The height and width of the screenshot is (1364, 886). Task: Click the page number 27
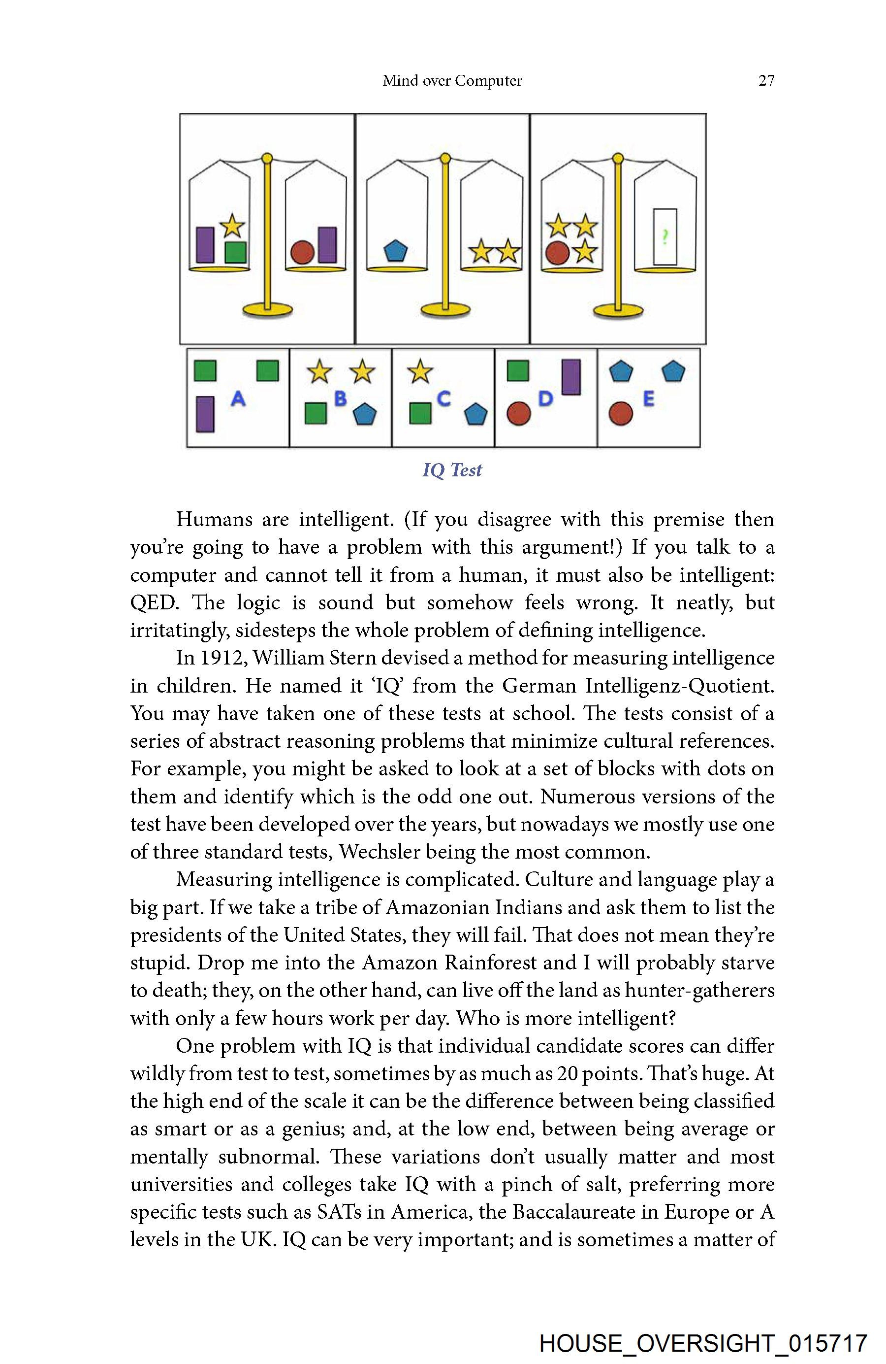click(x=766, y=81)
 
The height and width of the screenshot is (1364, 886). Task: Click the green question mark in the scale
click(x=664, y=235)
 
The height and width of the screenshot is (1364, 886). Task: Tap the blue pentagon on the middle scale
click(x=395, y=250)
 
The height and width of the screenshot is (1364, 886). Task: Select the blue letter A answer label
click(x=238, y=399)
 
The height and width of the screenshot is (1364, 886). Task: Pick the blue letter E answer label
click(x=648, y=399)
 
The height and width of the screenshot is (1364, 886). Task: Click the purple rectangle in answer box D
click(x=571, y=376)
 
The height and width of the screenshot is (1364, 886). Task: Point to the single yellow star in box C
click(x=420, y=371)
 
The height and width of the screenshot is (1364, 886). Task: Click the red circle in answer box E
click(x=621, y=413)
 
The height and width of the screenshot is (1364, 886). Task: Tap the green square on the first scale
click(x=235, y=252)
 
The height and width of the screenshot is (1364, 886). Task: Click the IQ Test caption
click(x=452, y=470)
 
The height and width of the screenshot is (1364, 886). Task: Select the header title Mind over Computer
click(x=452, y=81)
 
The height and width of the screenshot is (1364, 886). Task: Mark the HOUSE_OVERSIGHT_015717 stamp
click(x=703, y=1343)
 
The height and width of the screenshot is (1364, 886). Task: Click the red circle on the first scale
click(x=302, y=251)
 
